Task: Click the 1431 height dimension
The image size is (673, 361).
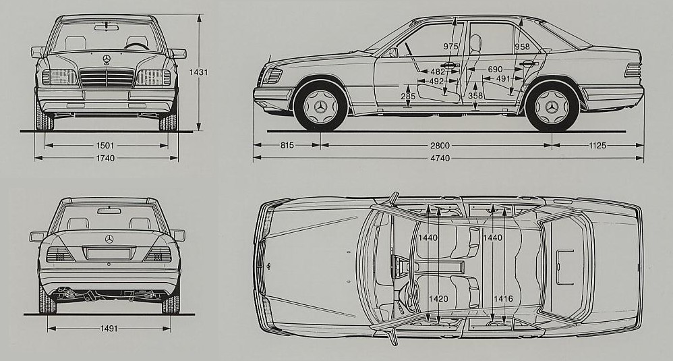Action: click(x=198, y=72)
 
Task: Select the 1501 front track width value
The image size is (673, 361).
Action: click(x=105, y=145)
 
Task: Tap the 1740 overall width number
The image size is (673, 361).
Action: click(x=105, y=158)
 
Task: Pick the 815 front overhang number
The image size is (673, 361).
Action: click(x=286, y=145)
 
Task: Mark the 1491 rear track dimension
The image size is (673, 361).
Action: click(x=109, y=329)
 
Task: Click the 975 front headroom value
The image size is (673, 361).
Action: click(x=451, y=47)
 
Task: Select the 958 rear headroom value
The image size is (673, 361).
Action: click(x=522, y=47)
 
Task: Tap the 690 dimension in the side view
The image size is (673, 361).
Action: click(x=494, y=70)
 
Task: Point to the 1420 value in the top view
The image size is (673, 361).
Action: click(x=440, y=298)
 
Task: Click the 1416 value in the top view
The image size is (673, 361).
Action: click(x=503, y=298)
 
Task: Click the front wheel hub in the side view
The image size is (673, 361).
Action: click(x=321, y=107)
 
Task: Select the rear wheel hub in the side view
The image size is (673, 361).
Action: click(x=552, y=107)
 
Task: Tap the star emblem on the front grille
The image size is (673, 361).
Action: click(x=107, y=59)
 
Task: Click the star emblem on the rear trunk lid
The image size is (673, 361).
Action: click(x=109, y=239)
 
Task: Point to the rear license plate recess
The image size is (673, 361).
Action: click(x=109, y=254)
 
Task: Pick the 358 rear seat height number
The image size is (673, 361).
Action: click(x=475, y=96)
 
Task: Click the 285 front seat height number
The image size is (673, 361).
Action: click(x=409, y=96)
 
